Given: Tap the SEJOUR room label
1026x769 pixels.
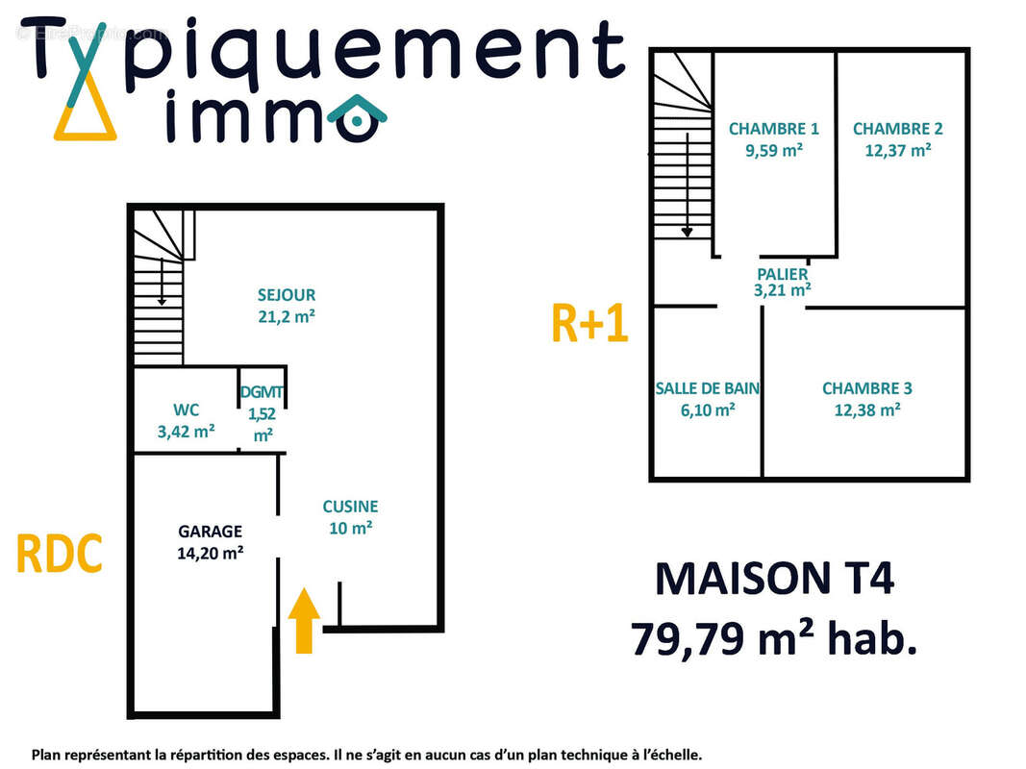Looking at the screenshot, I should pyautogui.click(x=286, y=295).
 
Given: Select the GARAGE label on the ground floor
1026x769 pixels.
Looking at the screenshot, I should pyautogui.click(x=210, y=531).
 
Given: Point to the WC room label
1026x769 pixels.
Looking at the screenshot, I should pyautogui.click(x=186, y=410).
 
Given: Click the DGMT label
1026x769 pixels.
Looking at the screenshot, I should pyautogui.click(x=263, y=393).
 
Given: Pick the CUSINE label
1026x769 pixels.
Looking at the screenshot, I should pyautogui.click(x=350, y=506).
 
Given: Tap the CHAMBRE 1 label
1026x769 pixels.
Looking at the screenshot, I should pyautogui.click(x=773, y=129).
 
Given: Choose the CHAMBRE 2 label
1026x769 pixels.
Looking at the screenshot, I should pyautogui.click(x=897, y=129).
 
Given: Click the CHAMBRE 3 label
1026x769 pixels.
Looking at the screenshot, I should pyautogui.click(x=866, y=388).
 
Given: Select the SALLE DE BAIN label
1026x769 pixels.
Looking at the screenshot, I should pyautogui.click(x=708, y=388).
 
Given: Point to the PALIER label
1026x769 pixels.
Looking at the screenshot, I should pyautogui.click(x=782, y=274).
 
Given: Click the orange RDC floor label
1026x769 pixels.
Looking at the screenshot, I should pyautogui.click(x=59, y=554).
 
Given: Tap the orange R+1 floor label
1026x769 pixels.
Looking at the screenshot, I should pyautogui.click(x=589, y=323).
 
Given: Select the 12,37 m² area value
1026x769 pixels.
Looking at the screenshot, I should pyautogui.click(x=897, y=150).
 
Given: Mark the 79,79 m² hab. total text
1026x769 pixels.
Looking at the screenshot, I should pyautogui.click(x=774, y=637).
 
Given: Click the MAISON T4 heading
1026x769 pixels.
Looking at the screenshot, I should pyautogui.click(x=774, y=580).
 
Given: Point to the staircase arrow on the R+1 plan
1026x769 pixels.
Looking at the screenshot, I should pyautogui.click(x=688, y=187).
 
